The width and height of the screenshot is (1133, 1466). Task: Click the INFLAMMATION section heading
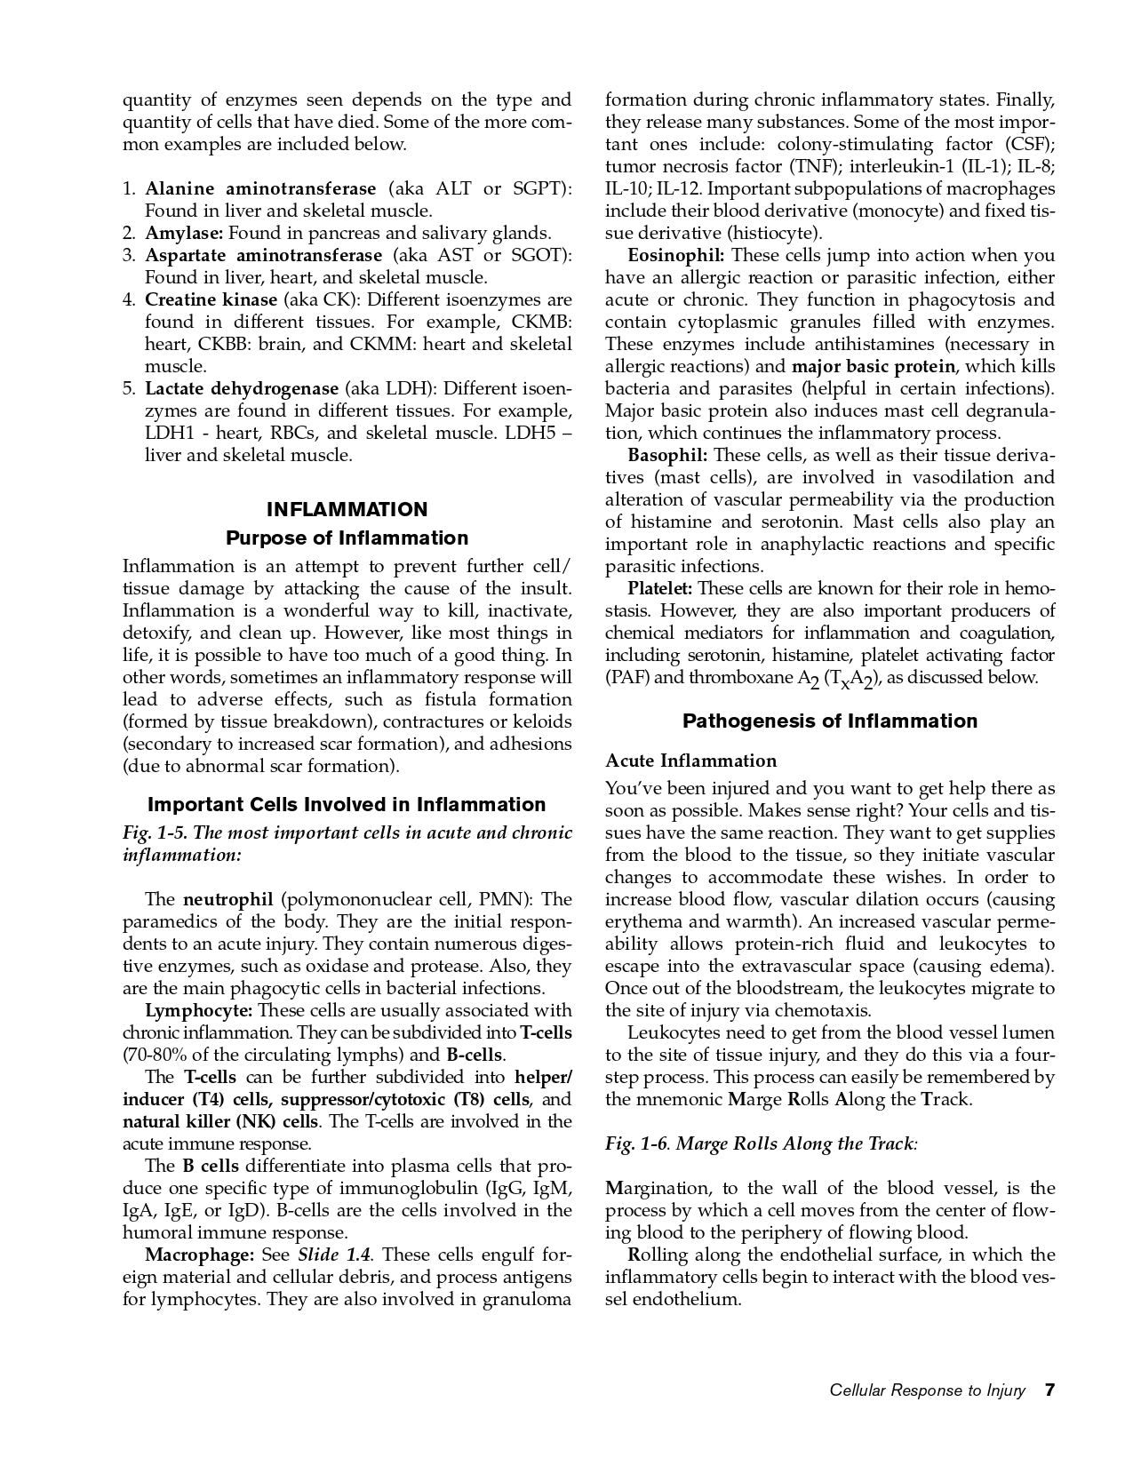[x=347, y=509]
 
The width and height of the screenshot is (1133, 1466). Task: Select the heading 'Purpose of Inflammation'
[x=347, y=538]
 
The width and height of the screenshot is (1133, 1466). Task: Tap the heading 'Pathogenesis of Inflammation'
[x=829, y=721]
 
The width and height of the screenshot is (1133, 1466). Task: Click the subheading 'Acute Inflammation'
[x=690, y=761]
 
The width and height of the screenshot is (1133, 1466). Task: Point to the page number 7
[x=1049, y=1390]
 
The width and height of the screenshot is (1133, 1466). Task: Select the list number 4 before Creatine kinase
[x=128, y=299]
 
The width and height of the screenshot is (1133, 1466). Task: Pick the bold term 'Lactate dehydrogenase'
[x=242, y=388]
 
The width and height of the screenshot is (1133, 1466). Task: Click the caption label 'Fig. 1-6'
[x=635, y=1143]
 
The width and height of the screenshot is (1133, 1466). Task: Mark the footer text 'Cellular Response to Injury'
[x=927, y=1390]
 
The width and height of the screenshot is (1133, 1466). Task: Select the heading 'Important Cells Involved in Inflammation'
[x=347, y=804]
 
